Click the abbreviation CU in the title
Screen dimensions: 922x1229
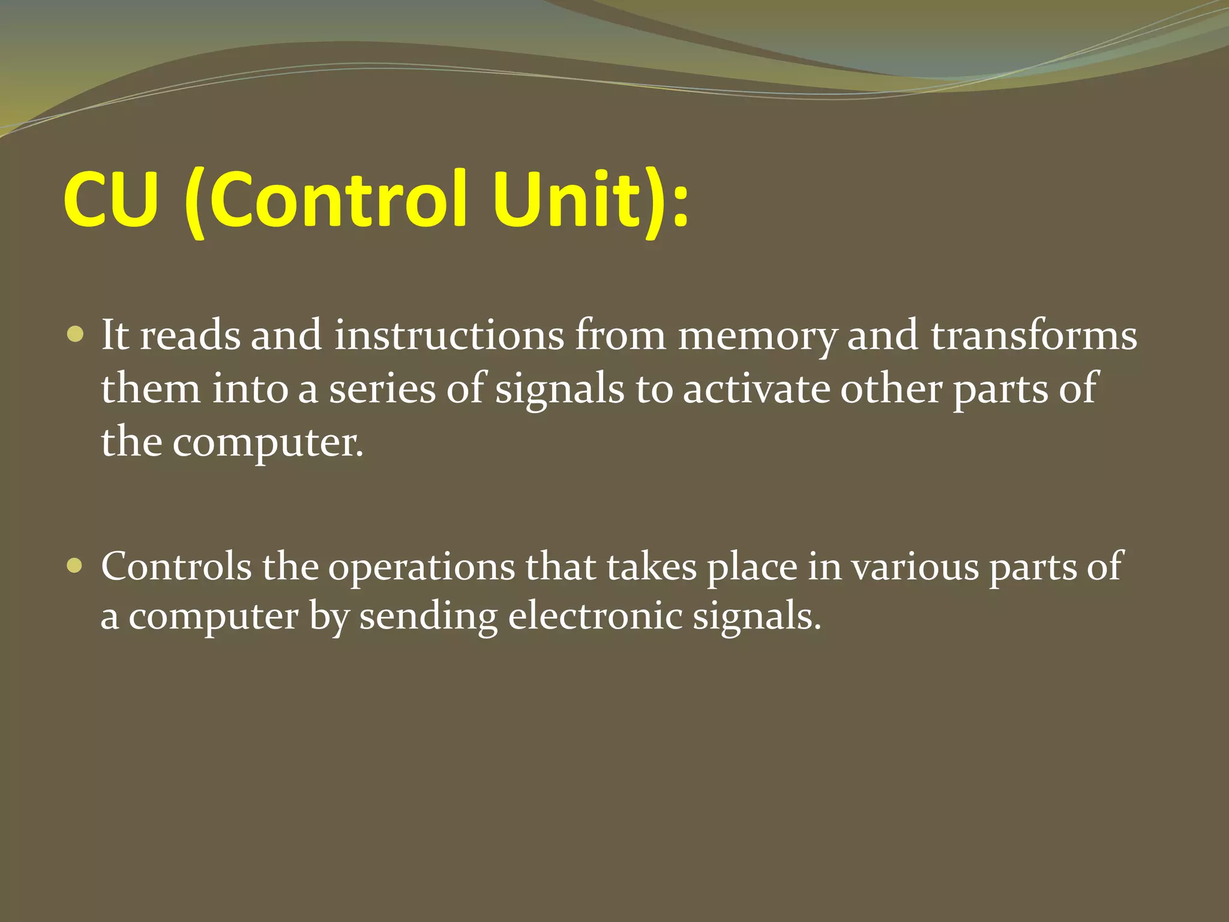point(110,200)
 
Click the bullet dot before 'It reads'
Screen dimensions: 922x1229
point(76,334)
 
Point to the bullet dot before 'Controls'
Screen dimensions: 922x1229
point(76,565)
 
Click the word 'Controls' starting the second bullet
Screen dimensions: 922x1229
point(176,566)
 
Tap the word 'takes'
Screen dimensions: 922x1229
point(652,566)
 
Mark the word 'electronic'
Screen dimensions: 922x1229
point(595,616)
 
